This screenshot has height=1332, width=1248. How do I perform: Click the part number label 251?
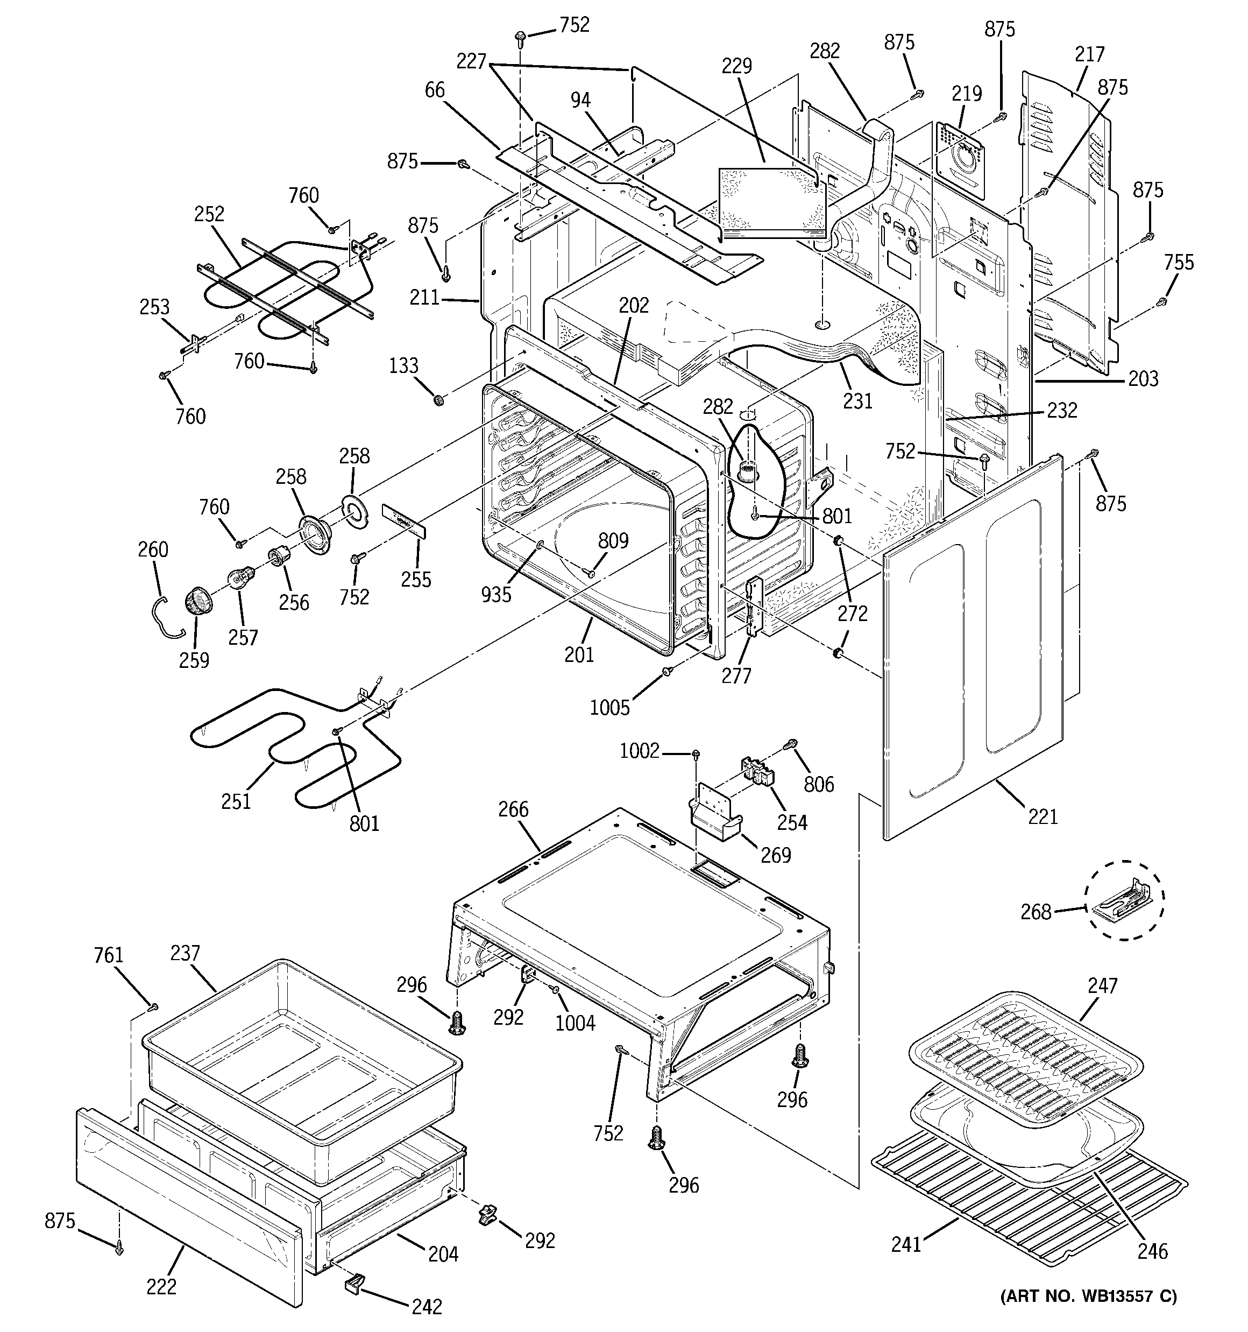click(x=236, y=801)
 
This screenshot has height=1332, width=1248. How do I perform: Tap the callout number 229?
click(x=736, y=66)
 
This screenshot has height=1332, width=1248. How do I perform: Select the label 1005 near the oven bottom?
click(x=609, y=708)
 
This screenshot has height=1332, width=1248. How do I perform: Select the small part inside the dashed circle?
click(x=1125, y=899)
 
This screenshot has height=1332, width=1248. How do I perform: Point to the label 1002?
click(x=639, y=751)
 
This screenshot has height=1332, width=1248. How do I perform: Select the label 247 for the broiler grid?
click(x=1103, y=985)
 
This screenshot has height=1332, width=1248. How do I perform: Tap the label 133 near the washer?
click(x=403, y=366)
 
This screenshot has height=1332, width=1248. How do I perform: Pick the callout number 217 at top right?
click(x=1089, y=54)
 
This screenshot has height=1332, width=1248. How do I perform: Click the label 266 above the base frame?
click(x=513, y=809)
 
